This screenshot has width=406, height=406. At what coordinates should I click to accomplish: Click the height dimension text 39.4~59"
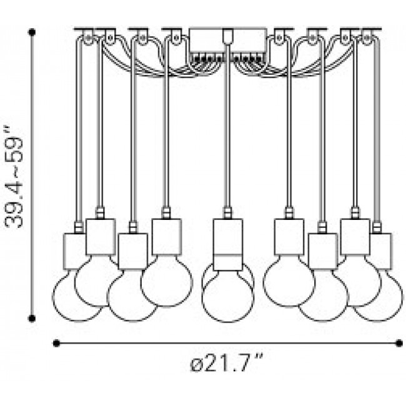(x=14, y=177)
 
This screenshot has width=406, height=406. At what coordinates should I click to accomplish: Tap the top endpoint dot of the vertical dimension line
(x=32, y=32)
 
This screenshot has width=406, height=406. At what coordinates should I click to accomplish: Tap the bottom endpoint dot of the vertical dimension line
(x=32, y=318)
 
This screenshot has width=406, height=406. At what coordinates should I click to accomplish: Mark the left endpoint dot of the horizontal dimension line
(x=56, y=344)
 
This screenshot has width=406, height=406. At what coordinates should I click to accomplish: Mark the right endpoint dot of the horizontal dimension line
(x=399, y=344)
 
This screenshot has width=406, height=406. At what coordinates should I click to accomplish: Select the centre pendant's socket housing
(x=227, y=244)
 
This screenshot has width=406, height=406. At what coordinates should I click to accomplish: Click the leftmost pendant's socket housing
(x=74, y=251)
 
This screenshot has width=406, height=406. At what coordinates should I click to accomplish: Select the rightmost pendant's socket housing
(x=380, y=251)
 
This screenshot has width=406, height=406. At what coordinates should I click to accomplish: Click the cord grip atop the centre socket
(x=227, y=213)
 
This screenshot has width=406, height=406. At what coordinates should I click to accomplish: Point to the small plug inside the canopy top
(x=227, y=36)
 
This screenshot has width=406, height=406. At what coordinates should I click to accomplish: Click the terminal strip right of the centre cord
(x=249, y=57)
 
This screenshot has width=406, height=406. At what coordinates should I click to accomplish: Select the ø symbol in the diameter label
(x=196, y=365)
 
